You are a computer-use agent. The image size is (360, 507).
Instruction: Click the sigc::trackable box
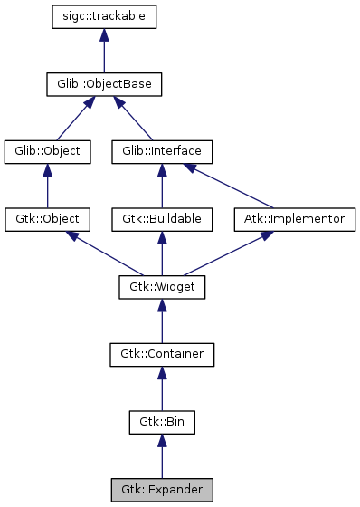pos(105,16)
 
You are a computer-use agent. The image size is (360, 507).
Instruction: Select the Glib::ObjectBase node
pos(105,84)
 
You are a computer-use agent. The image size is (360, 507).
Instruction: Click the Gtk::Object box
pos(48,219)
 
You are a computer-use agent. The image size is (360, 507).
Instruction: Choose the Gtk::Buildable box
pos(162,219)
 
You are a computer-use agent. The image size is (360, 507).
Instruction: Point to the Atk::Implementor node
pos(295,219)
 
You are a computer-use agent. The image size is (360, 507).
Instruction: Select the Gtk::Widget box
pos(162,287)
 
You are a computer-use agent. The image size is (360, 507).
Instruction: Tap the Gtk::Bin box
pos(162,422)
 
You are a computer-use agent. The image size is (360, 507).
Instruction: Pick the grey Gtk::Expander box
pos(162,490)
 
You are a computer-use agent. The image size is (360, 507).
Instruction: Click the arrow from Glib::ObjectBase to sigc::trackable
pos(105,51)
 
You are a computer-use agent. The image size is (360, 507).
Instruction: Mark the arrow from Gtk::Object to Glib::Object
pos(48,186)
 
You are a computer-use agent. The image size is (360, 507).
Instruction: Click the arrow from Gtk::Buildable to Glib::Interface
pos(162,186)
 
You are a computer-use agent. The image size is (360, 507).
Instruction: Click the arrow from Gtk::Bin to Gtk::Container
pos(162,388)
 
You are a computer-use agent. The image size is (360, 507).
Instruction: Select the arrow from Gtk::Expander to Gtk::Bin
pos(162,456)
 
